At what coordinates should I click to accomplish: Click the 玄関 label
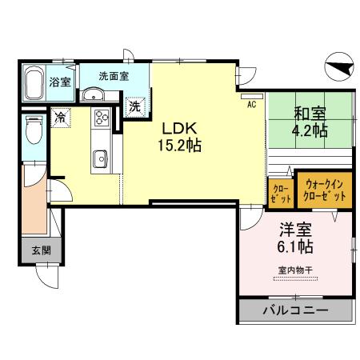(41, 250)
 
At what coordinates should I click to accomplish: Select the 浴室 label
(59, 82)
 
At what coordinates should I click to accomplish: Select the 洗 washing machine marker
(135, 104)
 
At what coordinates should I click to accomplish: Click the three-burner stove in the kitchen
(102, 118)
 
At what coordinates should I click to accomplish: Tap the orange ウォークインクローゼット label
(324, 190)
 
